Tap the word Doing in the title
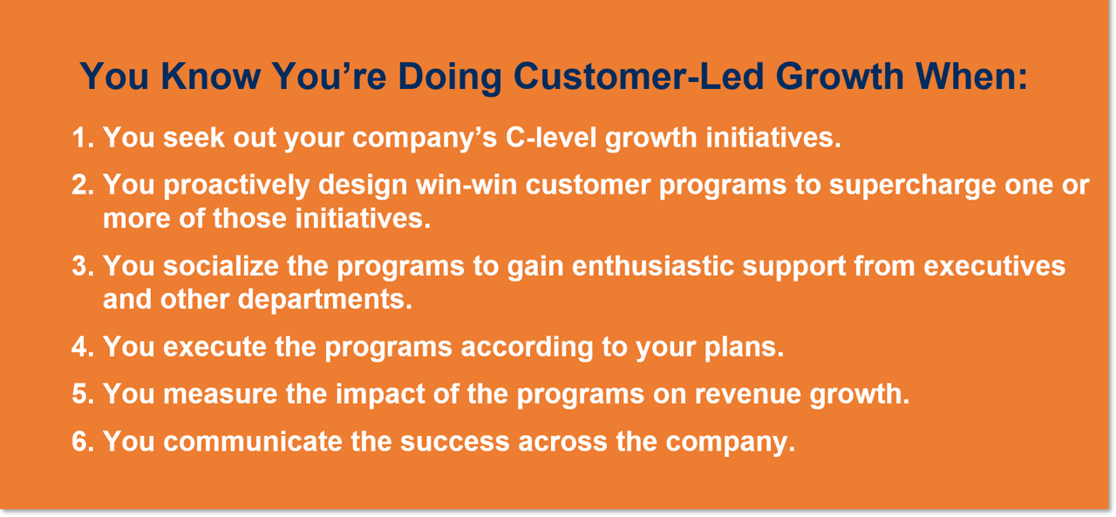[450, 78]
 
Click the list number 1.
[83, 138]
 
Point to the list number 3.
[83, 266]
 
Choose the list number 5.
[83, 394]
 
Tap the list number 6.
[83, 441]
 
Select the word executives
[994, 266]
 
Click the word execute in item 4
[213, 347]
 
